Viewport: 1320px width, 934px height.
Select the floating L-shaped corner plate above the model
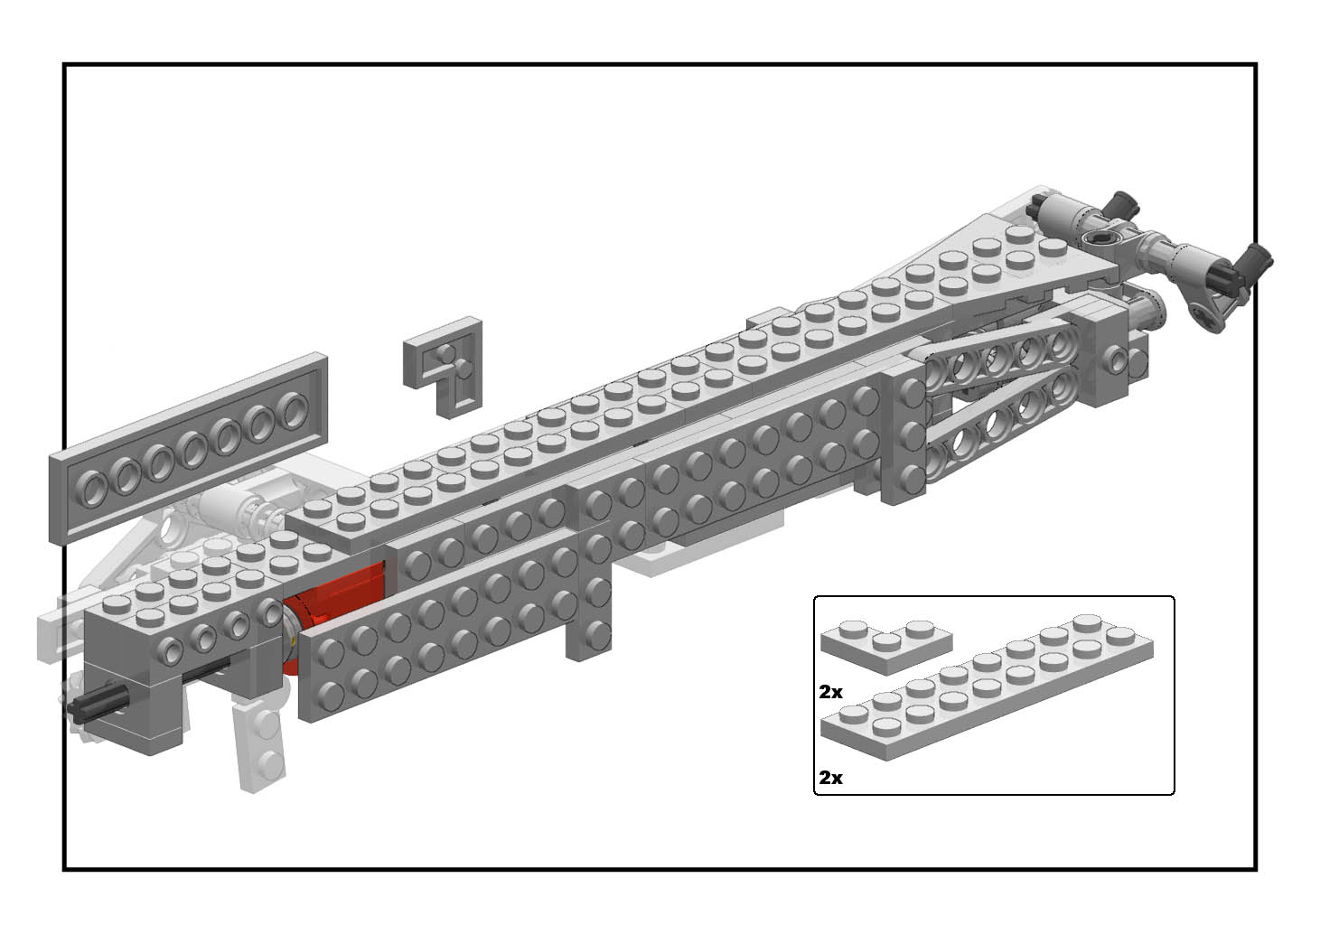point(443,368)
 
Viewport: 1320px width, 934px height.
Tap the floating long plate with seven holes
point(188,448)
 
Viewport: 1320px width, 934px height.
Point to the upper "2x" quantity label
point(830,693)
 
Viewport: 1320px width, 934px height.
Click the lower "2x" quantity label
point(830,778)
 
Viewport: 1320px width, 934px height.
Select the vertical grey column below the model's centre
point(589,595)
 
